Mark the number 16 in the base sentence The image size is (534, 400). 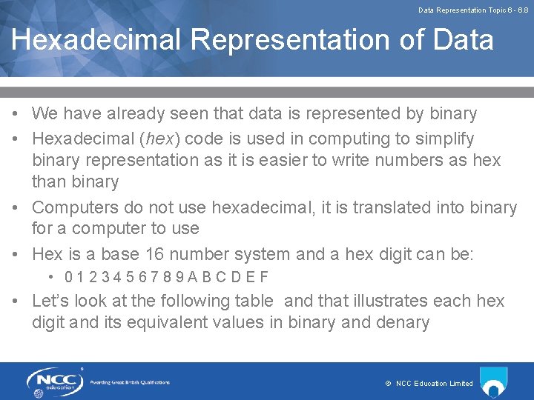pos(154,254)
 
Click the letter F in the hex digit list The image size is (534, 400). pos(263,278)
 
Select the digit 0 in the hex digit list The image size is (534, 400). pos(68,278)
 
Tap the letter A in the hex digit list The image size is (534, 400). pos(192,278)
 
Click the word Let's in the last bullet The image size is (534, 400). pos(52,301)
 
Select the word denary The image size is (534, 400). pos(403,322)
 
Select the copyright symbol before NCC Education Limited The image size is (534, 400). pos(388,384)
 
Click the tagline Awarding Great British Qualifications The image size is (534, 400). pos(130,382)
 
